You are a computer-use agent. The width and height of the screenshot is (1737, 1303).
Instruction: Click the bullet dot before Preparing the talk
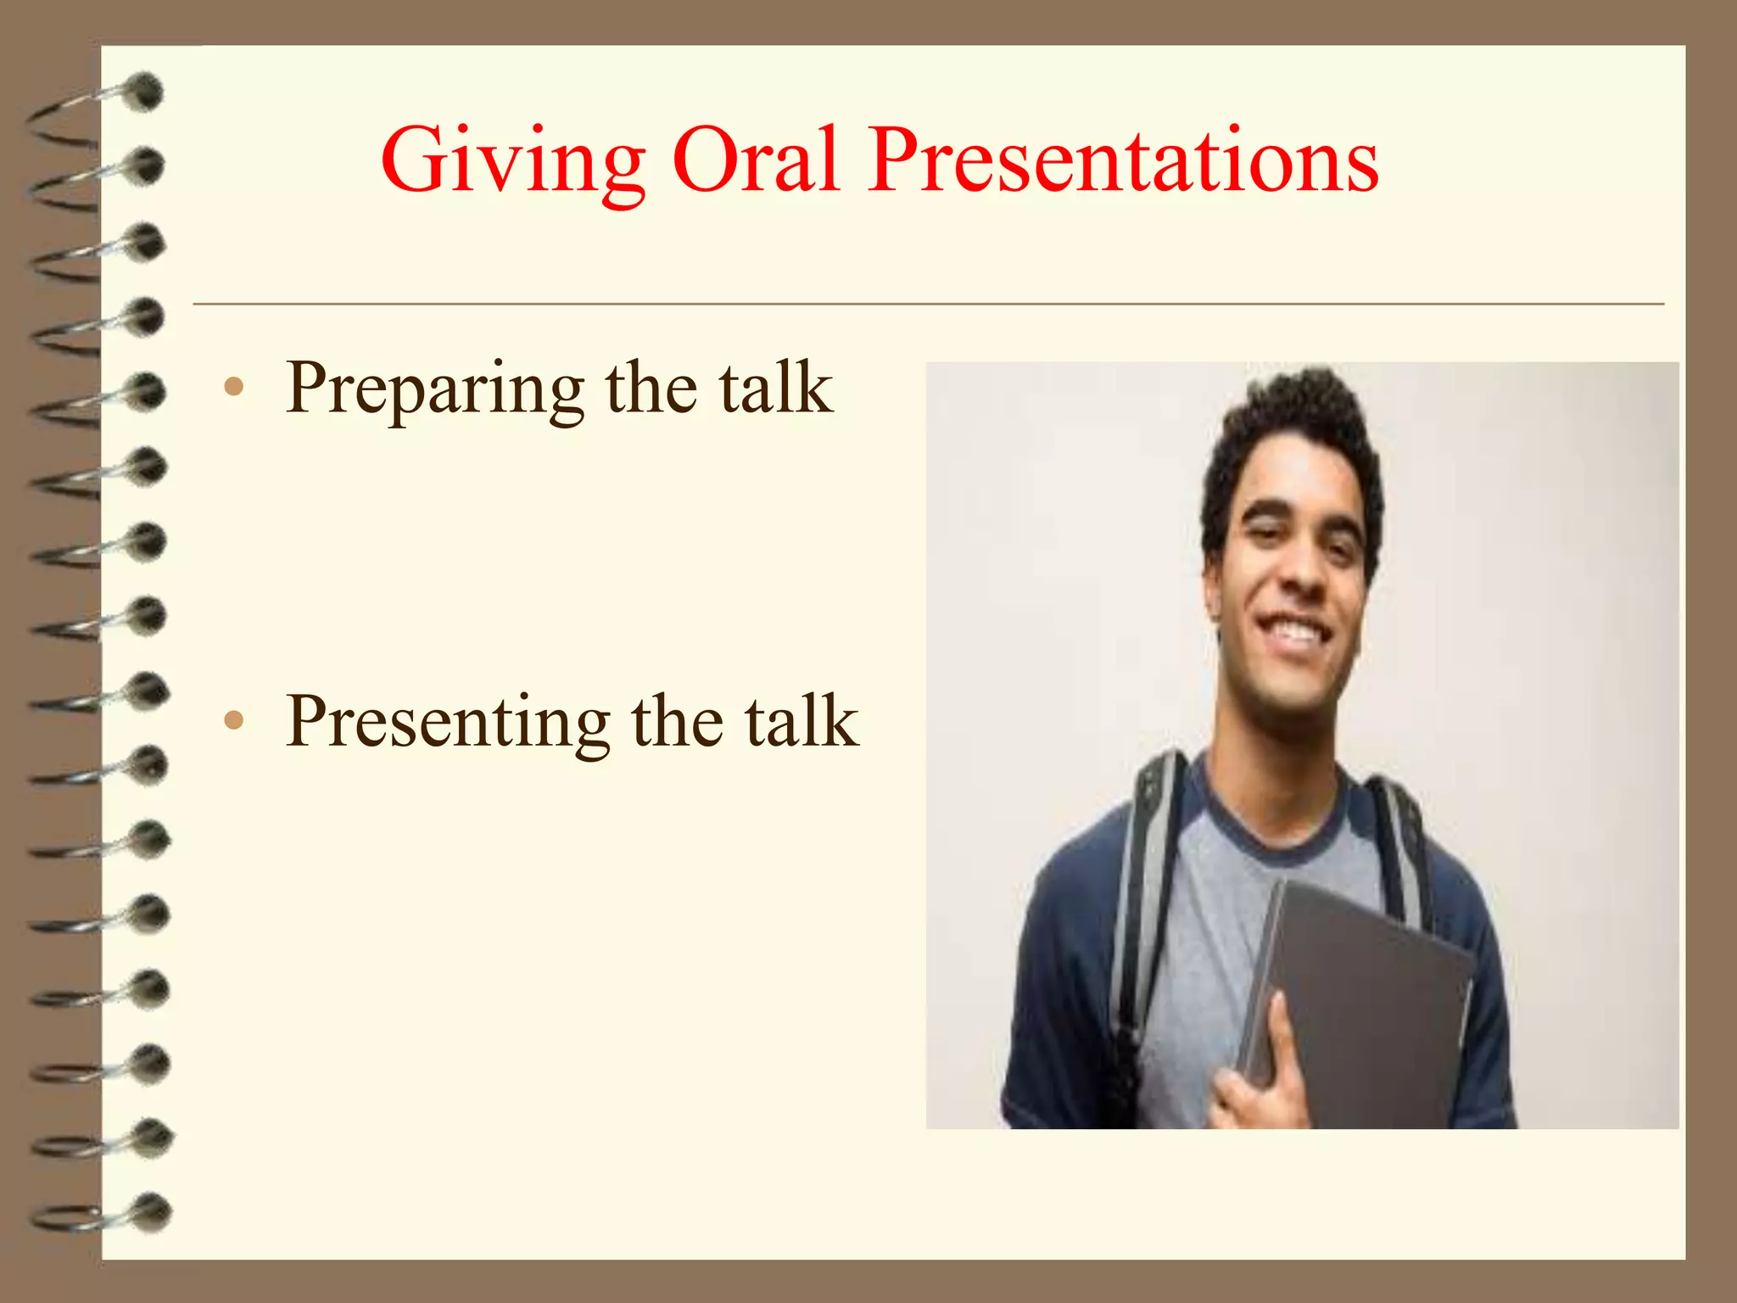pos(234,388)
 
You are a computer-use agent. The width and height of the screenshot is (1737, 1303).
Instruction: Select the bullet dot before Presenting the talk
pos(234,721)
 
